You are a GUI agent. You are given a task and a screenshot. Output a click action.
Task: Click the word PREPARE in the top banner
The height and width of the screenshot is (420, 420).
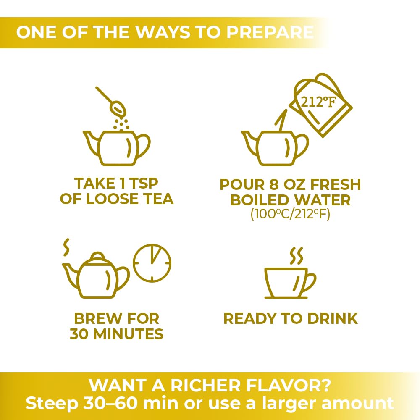point(270,32)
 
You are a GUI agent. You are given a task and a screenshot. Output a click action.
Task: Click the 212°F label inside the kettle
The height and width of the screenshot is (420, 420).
point(318,102)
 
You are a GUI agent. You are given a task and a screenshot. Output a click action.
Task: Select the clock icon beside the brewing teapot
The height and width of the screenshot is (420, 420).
point(152,263)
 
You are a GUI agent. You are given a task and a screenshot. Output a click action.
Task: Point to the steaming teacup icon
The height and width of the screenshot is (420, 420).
point(290,273)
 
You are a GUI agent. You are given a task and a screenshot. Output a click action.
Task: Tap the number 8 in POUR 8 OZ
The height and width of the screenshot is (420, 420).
point(274,184)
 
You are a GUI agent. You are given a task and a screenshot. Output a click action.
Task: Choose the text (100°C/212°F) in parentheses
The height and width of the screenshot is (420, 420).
point(290,214)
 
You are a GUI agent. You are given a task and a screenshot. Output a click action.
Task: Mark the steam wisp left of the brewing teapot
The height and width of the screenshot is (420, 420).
point(66,247)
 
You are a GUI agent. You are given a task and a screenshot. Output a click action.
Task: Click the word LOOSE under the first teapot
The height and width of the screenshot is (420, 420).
point(112,199)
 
